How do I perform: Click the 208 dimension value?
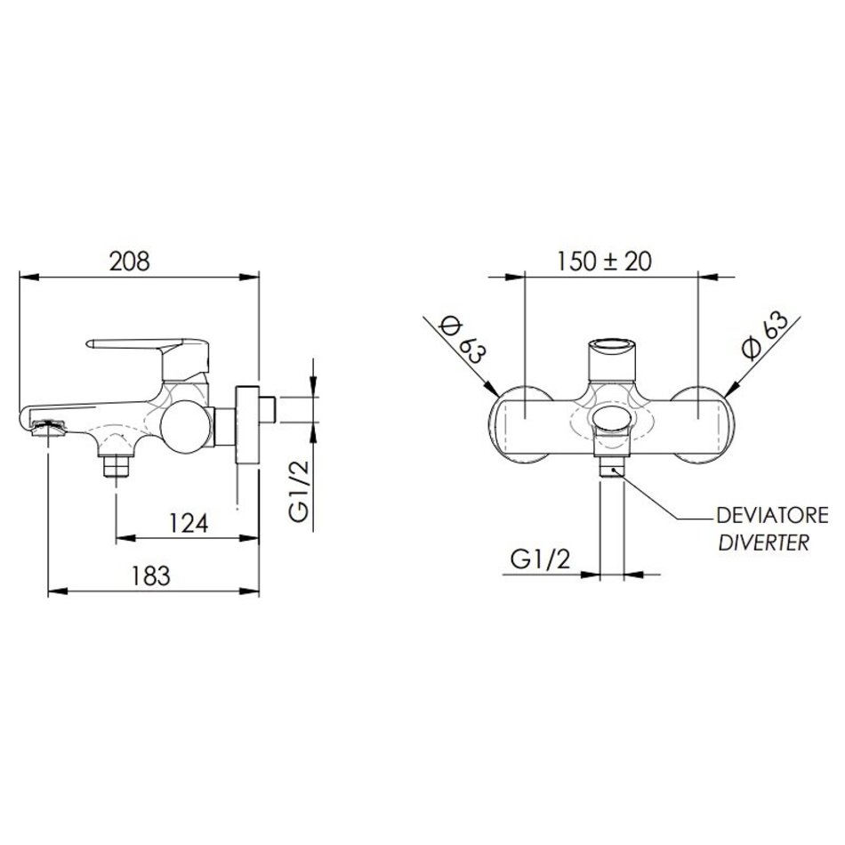pyautogui.click(x=129, y=262)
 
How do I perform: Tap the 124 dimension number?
pyautogui.click(x=189, y=523)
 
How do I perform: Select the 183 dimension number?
pyautogui.click(x=151, y=575)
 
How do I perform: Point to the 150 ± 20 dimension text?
pyautogui.click(x=604, y=262)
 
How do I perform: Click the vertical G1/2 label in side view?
pyautogui.click(x=299, y=491)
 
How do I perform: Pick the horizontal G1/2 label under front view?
pyautogui.click(x=540, y=559)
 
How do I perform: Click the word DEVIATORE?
pyautogui.click(x=772, y=516)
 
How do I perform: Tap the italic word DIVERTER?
pyautogui.click(x=764, y=543)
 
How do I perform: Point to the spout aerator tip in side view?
pyautogui.click(x=49, y=429)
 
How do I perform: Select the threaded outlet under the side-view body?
pyautogui.click(x=117, y=465)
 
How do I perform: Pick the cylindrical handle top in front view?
pyautogui.click(x=612, y=358)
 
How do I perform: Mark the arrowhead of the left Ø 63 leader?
pyautogui.click(x=492, y=390)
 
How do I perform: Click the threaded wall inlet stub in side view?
pyautogui.click(x=268, y=410)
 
